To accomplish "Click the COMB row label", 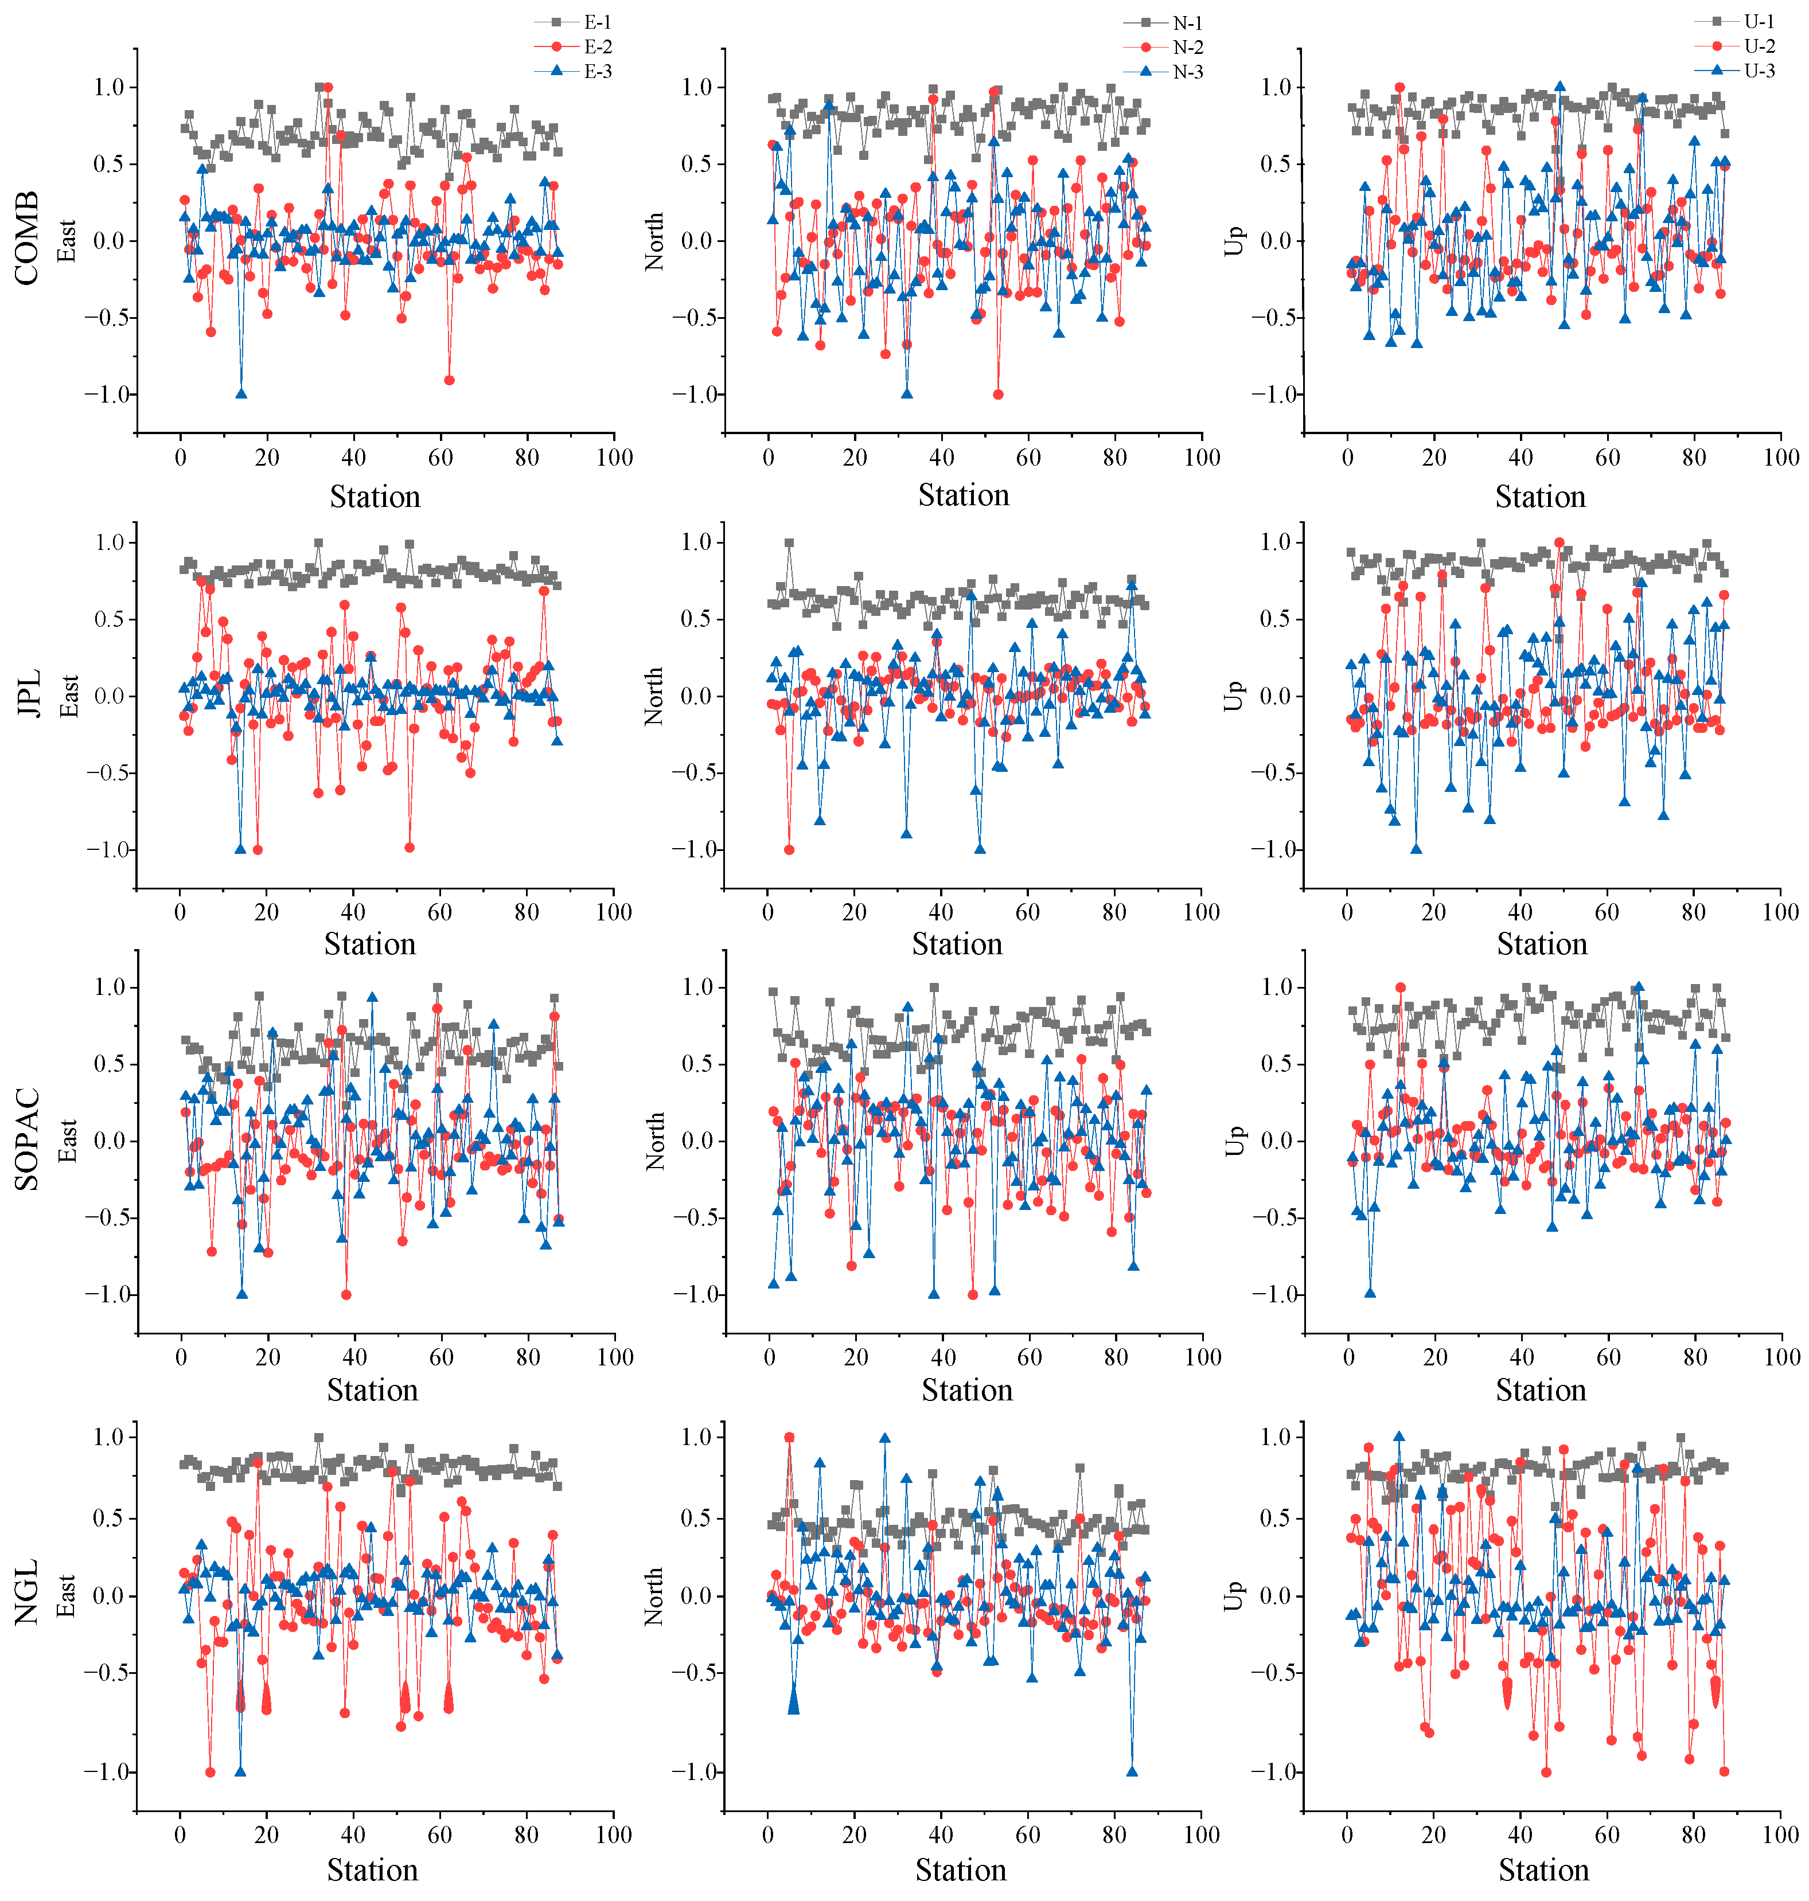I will pos(27,238).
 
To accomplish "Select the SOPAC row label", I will pos(27,1139).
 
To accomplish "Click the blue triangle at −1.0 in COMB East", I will pos(241,393).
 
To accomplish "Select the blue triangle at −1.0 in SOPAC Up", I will pos(1370,1293).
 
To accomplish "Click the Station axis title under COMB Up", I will pos(1540,497).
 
